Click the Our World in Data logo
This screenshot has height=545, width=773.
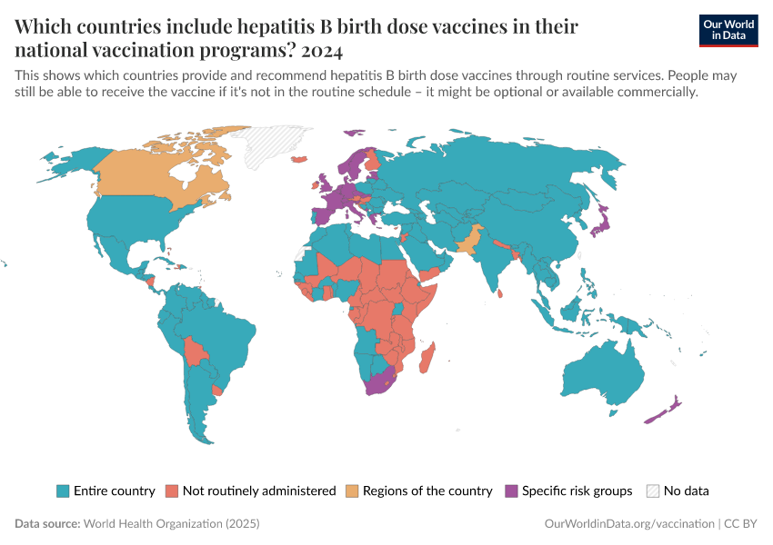(728, 30)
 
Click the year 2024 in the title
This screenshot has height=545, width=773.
(320, 48)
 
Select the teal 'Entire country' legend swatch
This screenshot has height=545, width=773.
(63, 490)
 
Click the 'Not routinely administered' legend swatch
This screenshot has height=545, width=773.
(172, 490)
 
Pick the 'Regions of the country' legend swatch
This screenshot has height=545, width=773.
(352, 490)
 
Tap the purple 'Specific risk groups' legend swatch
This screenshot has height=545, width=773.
(511, 490)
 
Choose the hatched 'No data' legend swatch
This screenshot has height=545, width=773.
(652, 490)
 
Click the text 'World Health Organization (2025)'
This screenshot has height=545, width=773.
(171, 524)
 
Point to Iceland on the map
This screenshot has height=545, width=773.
(297, 160)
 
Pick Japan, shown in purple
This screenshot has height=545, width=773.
(602, 223)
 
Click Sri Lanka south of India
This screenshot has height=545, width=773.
(501, 292)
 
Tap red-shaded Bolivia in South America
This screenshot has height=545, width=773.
(193, 350)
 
